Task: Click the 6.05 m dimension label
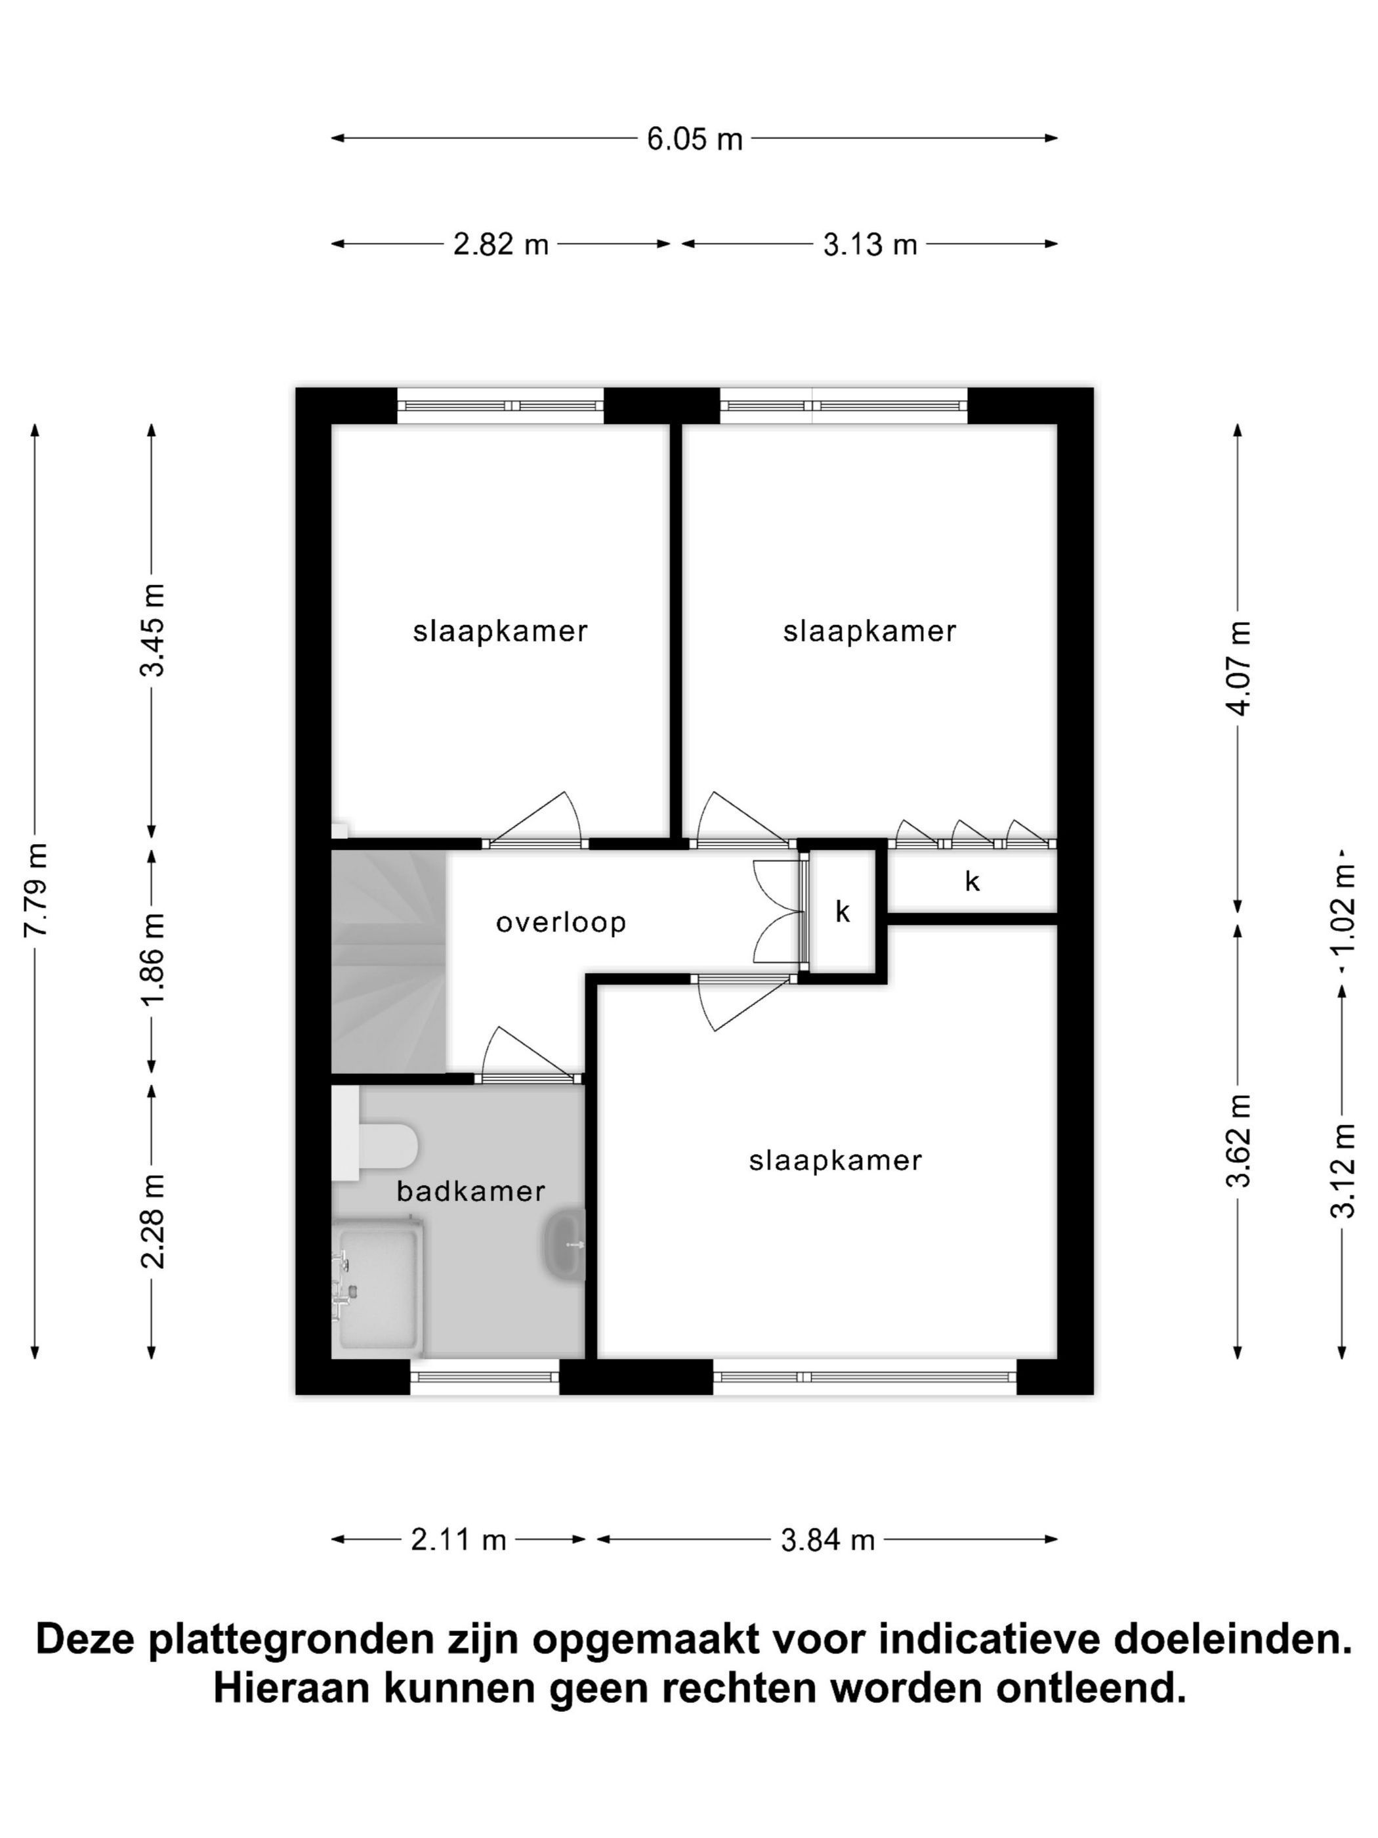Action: coord(694,139)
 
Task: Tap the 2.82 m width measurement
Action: coord(501,244)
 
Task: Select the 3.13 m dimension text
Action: coord(869,244)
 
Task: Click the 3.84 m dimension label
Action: coord(828,1540)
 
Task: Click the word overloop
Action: coord(560,922)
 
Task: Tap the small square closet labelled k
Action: coord(843,910)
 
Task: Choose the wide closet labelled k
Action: coord(972,880)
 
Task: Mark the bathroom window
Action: coord(484,1377)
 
